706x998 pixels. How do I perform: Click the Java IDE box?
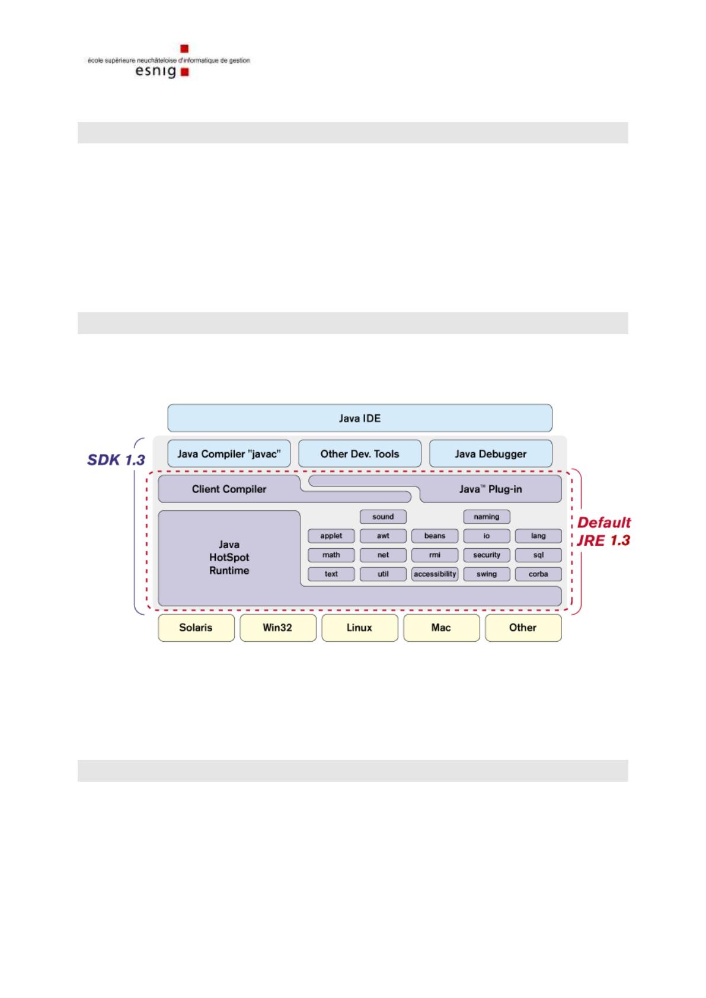360,418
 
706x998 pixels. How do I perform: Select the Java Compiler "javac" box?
229,453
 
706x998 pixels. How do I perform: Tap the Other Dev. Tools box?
360,453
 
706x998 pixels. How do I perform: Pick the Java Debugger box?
491,453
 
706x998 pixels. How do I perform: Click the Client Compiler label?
229,489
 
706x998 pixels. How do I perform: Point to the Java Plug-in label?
491,489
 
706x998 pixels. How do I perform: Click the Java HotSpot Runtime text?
229,557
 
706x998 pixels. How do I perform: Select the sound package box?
383,517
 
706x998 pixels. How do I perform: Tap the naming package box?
487,517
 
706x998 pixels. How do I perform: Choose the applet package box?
331,536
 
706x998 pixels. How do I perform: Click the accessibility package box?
435,574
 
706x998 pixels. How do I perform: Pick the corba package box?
538,574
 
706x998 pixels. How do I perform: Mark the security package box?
487,555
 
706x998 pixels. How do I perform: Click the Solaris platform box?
196,628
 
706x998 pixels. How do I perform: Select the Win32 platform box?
278,628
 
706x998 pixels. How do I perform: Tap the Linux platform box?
360,628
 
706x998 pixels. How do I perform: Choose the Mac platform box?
442,628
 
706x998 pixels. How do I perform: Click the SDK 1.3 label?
116,460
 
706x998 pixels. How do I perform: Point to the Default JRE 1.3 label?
604,532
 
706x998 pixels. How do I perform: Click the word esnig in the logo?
155,71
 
